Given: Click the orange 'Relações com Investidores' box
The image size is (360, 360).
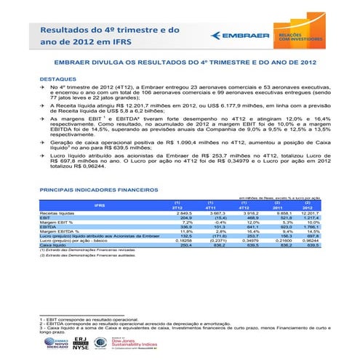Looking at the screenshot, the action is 295,33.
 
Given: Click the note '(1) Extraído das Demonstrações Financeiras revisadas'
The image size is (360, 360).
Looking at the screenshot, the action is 79,250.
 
